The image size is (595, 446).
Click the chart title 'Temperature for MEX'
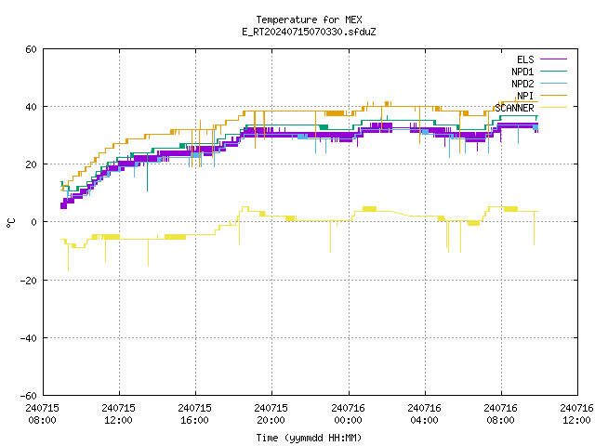(x=309, y=20)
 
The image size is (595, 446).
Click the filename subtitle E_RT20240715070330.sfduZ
(x=309, y=32)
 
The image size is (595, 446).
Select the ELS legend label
(x=525, y=59)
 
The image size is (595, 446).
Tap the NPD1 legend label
(x=522, y=72)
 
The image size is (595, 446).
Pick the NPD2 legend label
(x=522, y=84)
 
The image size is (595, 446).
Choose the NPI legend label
(x=525, y=96)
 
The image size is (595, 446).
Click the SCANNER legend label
(x=514, y=108)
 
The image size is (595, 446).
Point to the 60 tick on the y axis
(x=31, y=49)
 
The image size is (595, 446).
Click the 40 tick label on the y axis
(x=31, y=107)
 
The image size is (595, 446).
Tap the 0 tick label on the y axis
(x=33, y=222)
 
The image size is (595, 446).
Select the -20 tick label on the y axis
(x=29, y=281)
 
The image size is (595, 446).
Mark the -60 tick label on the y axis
(x=29, y=396)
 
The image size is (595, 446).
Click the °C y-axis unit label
(x=11, y=223)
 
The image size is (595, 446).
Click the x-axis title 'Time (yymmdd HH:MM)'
(x=309, y=438)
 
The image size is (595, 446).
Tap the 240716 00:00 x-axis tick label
(x=348, y=414)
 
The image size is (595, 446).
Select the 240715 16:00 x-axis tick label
(x=194, y=414)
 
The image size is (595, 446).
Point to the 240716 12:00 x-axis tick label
(x=576, y=414)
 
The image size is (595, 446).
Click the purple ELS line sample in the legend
(x=553, y=59)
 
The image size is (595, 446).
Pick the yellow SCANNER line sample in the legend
(x=553, y=108)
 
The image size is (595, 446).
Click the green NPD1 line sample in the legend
(x=553, y=72)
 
